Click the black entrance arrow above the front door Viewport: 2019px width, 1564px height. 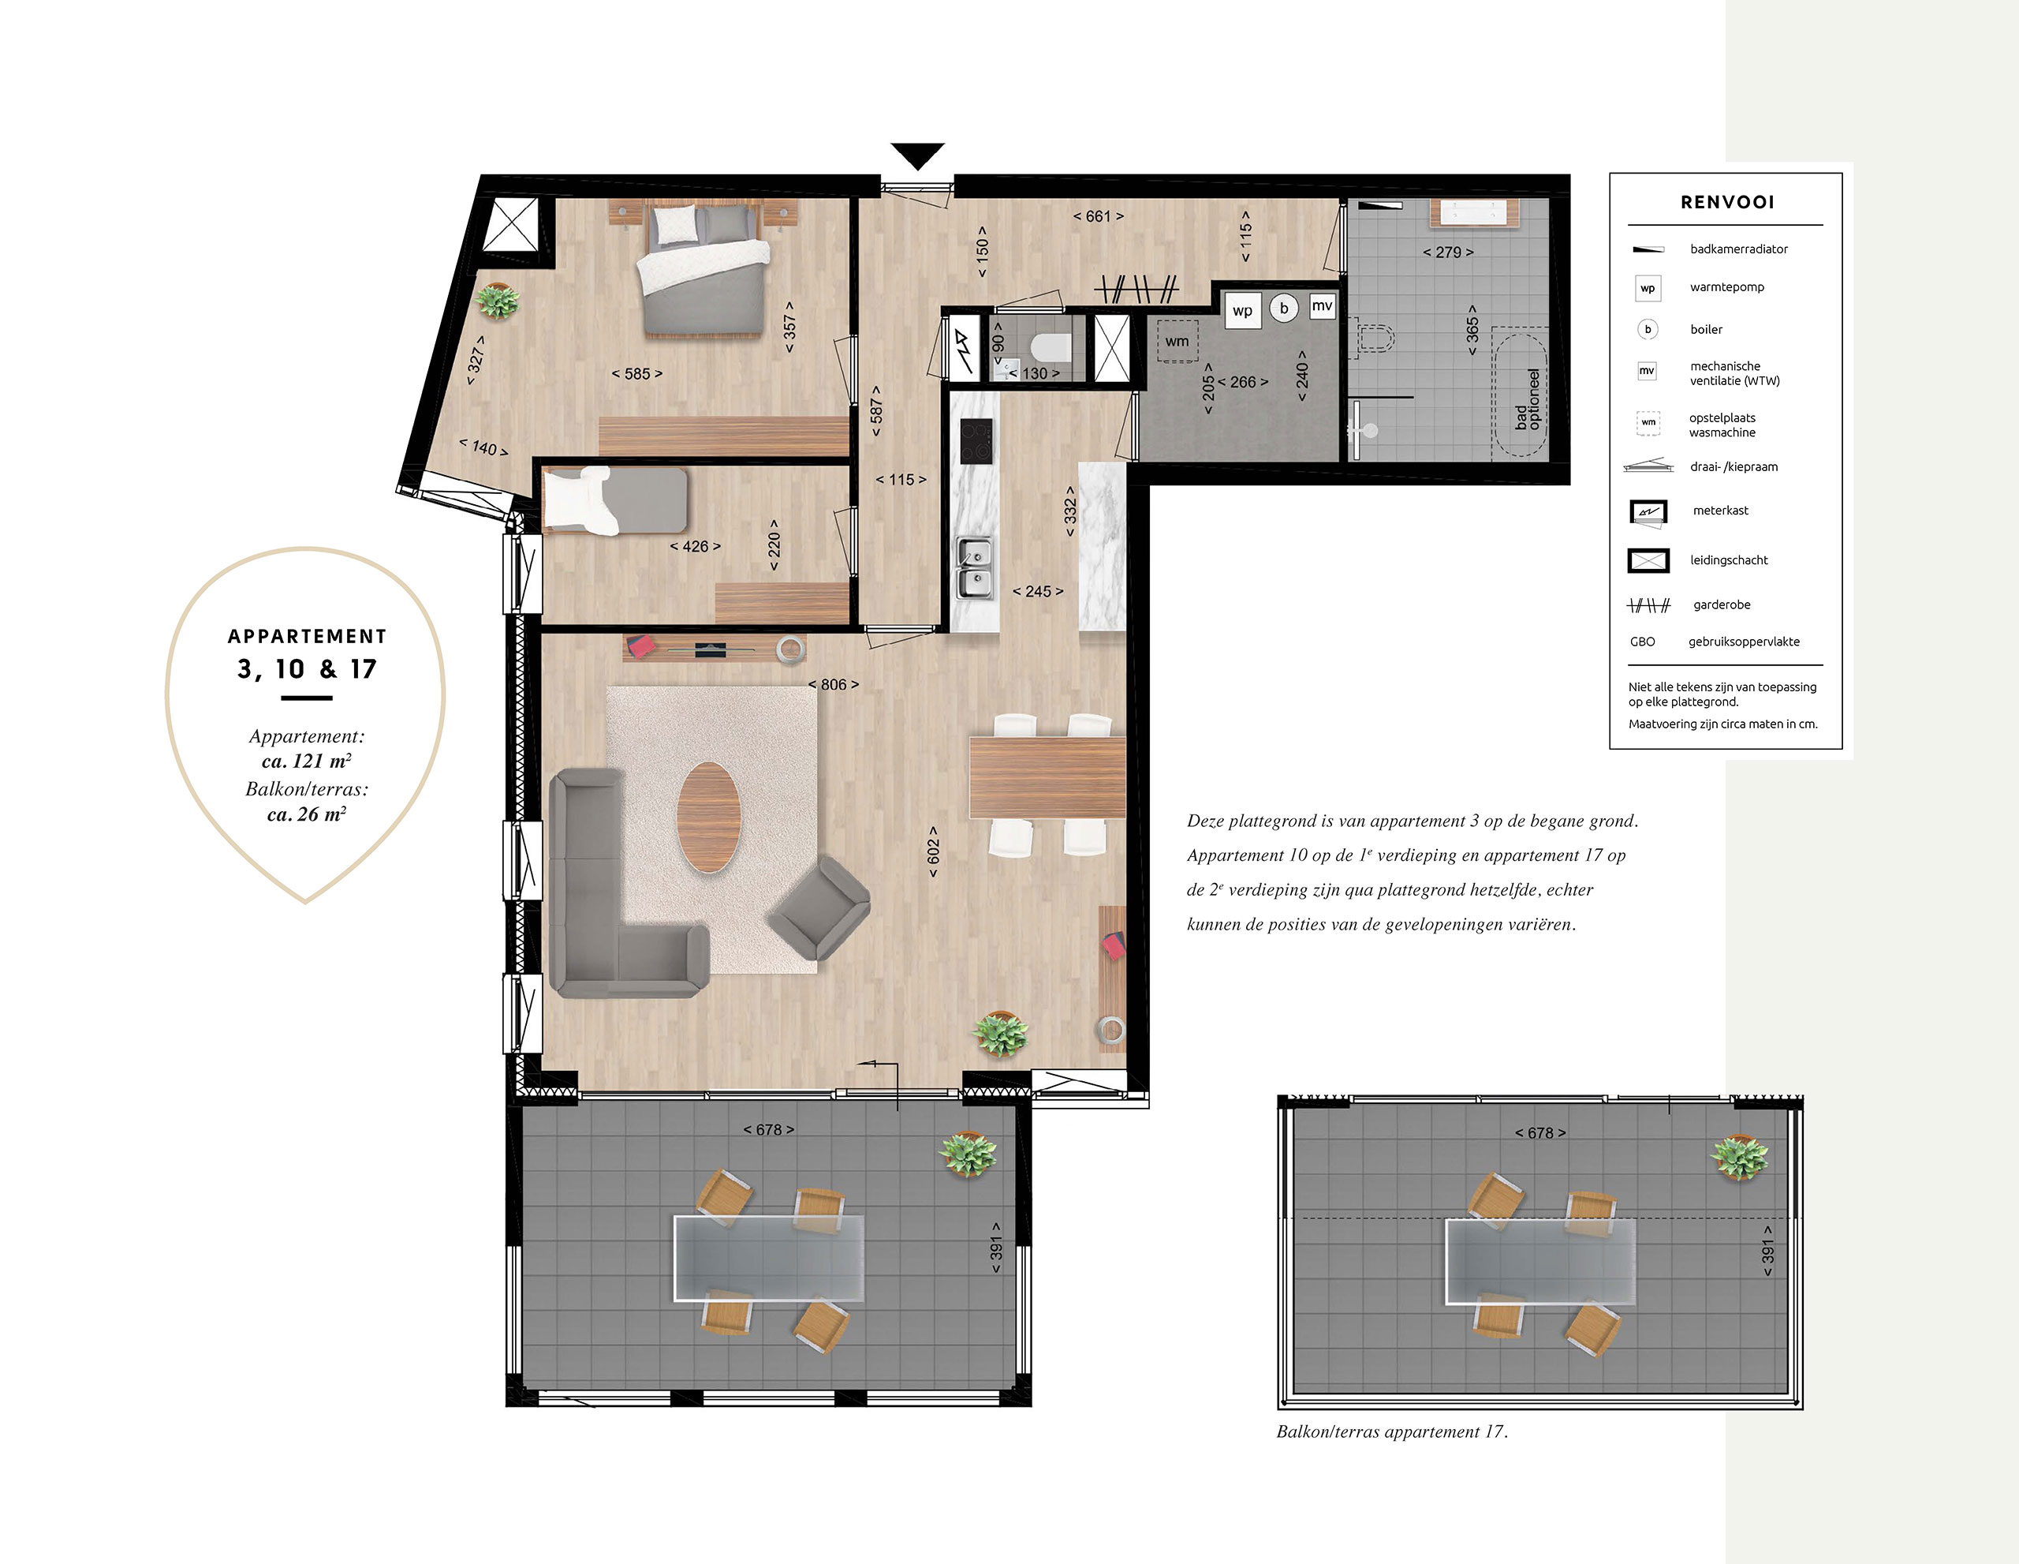click(917, 155)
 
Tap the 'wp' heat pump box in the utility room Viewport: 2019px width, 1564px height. click(1242, 311)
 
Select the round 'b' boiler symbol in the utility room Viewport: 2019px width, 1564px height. click(1283, 308)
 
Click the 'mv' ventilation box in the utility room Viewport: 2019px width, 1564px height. click(1322, 306)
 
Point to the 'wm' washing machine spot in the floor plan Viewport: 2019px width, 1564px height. click(1177, 342)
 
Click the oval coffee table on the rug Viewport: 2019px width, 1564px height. click(708, 817)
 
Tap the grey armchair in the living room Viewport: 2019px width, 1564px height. click(818, 907)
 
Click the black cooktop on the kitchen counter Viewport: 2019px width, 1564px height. click(976, 441)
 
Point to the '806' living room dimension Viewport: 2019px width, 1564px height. click(833, 684)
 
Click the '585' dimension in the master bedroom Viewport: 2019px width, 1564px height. click(637, 374)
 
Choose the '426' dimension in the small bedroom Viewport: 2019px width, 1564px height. click(695, 547)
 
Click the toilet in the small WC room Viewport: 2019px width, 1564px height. click(1051, 348)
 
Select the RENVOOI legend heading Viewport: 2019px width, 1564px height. click(1727, 203)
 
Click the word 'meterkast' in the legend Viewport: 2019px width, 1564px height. click(1720, 511)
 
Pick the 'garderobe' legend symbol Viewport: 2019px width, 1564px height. click(1648, 606)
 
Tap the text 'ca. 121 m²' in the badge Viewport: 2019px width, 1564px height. click(306, 761)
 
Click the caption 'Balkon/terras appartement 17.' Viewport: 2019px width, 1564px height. click(1391, 1431)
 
